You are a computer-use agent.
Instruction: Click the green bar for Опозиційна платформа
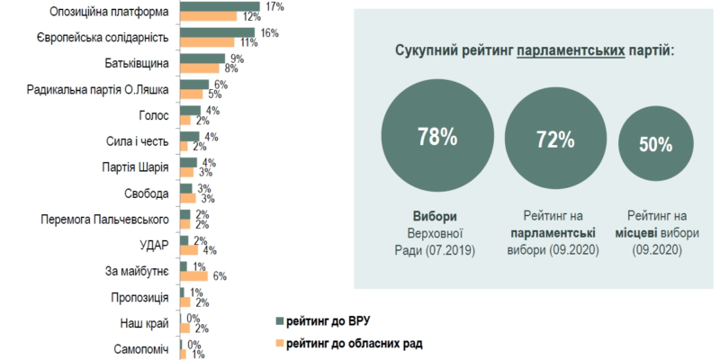pos(220,7)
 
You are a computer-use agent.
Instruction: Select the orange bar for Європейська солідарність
pos(206,42)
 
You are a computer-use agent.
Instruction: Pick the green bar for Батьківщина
pos(201,59)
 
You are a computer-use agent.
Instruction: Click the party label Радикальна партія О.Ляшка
pos(98,90)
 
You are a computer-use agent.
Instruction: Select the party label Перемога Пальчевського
pos(107,220)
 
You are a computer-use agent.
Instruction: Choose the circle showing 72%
pos(555,139)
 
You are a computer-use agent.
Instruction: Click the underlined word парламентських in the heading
pos(571,51)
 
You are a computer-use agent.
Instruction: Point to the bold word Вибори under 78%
pos(436,217)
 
